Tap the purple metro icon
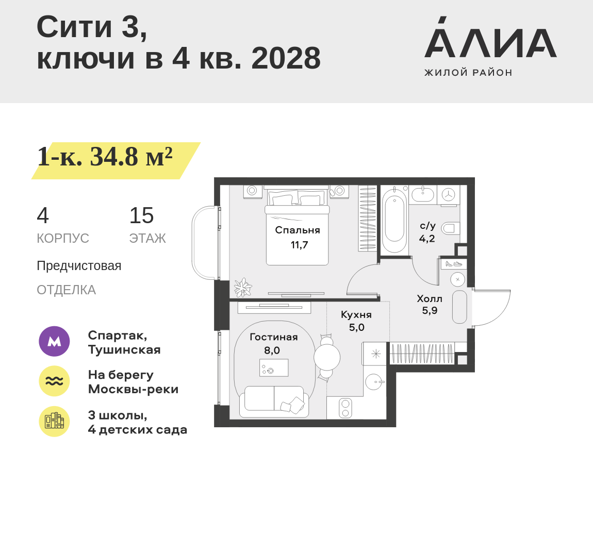coord(54,341)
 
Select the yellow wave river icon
coord(54,381)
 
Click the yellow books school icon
coord(54,421)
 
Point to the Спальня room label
coord(298,230)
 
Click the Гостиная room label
coord(273,337)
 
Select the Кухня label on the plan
coord(356,315)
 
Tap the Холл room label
coord(430,299)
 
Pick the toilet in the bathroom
coord(450,227)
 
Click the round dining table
coord(327,357)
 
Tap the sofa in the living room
coord(274,401)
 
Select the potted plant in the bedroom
coord(242,288)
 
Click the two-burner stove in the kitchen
coord(345,408)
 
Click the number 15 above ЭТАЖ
coord(141,216)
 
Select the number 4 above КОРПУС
coord(43,216)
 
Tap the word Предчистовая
coord(79,266)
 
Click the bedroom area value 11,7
coord(299,245)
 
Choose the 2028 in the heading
coord(286,58)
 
